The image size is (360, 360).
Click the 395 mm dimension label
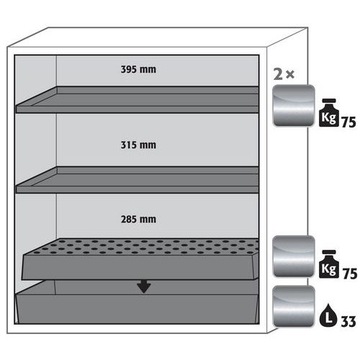click(138, 69)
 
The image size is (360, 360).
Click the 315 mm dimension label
click(138, 145)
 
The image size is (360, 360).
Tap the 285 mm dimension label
click(138, 219)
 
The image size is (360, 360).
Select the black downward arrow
click(144, 286)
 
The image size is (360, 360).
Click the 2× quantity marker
click(284, 74)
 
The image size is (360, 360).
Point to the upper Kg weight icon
click(328, 112)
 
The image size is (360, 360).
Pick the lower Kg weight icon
click(328, 264)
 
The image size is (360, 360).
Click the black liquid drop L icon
click(328, 315)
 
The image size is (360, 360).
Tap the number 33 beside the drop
click(348, 322)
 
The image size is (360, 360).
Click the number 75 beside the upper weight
click(348, 122)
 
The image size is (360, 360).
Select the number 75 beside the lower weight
click(350, 274)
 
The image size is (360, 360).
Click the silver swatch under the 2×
click(294, 105)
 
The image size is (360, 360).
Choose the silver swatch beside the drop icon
click(294, 306)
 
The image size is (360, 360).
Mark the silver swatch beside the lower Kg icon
click(294, 256)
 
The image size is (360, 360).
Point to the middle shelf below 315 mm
click(138, 180)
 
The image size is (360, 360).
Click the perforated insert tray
click(140, 259)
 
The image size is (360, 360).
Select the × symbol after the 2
click(290, 75)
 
